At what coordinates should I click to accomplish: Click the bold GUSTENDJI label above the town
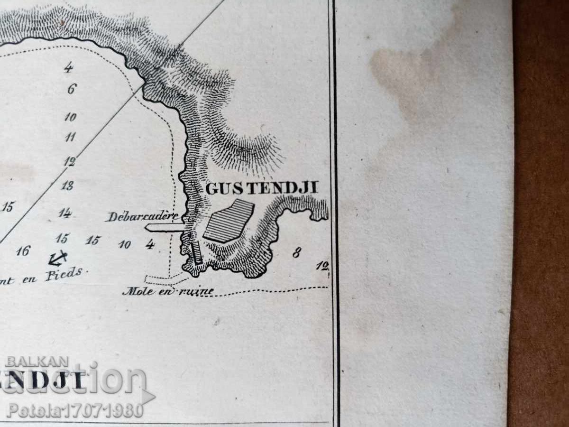(261, 188)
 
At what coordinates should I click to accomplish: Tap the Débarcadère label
(142, 217)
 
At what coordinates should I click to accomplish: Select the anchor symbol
(58, 258)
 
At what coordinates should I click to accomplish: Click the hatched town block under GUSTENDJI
(229, 221)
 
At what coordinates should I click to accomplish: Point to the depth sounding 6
(72, 89)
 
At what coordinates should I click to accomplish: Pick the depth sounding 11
(70, 138)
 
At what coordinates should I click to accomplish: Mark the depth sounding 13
(67, 186)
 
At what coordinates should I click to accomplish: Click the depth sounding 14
(64, 213)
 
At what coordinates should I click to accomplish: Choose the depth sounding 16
(23, 251)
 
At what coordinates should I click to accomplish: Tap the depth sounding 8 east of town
(296, 253)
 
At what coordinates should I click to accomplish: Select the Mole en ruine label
(167, 291)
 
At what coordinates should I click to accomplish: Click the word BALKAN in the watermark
(37, 362)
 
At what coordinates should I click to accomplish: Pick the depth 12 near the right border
(322, 267)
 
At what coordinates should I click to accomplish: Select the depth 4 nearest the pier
(150, 244)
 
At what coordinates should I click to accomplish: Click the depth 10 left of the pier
(125, 244)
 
